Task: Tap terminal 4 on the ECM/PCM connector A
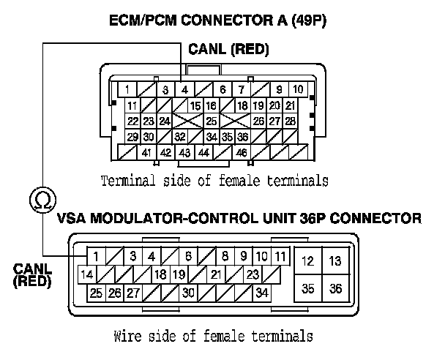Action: (186, 90)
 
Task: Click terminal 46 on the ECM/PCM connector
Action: (241, 152)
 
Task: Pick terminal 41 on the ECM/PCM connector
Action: (147, 152)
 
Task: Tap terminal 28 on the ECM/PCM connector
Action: (291, 121)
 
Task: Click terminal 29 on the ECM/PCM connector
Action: (132, 136)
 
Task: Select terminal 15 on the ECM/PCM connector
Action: (195, 106)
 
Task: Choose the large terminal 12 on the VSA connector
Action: (308, 260)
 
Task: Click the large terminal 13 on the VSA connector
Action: (334, 260)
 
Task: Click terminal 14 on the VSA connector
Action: (86, 275)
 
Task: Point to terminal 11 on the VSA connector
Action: (280, 256)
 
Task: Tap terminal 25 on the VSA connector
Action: (96, 293)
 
